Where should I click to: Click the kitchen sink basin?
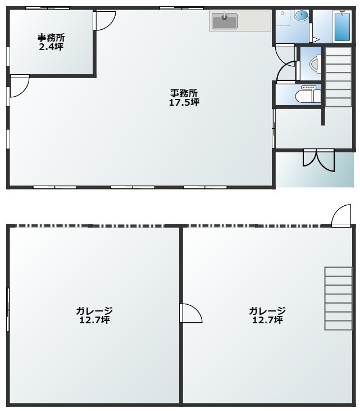(225, 21)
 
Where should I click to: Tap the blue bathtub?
(342, 26)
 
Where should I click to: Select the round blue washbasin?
(301, 15)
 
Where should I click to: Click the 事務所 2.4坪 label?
(51, 42)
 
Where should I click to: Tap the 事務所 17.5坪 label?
(184, 97)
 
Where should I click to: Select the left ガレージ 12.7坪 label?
(94, 315)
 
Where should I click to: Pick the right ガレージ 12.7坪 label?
(267, 315)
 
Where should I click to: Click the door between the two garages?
(190, 313)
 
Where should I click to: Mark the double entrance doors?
(318, 160)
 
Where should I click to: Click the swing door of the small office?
(104, 21)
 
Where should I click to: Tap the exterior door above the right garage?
(341, 215)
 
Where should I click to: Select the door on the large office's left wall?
(19, 86)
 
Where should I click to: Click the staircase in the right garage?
(338, 299)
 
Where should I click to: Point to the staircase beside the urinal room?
(338, 77)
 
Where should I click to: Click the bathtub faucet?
(342, 12)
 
